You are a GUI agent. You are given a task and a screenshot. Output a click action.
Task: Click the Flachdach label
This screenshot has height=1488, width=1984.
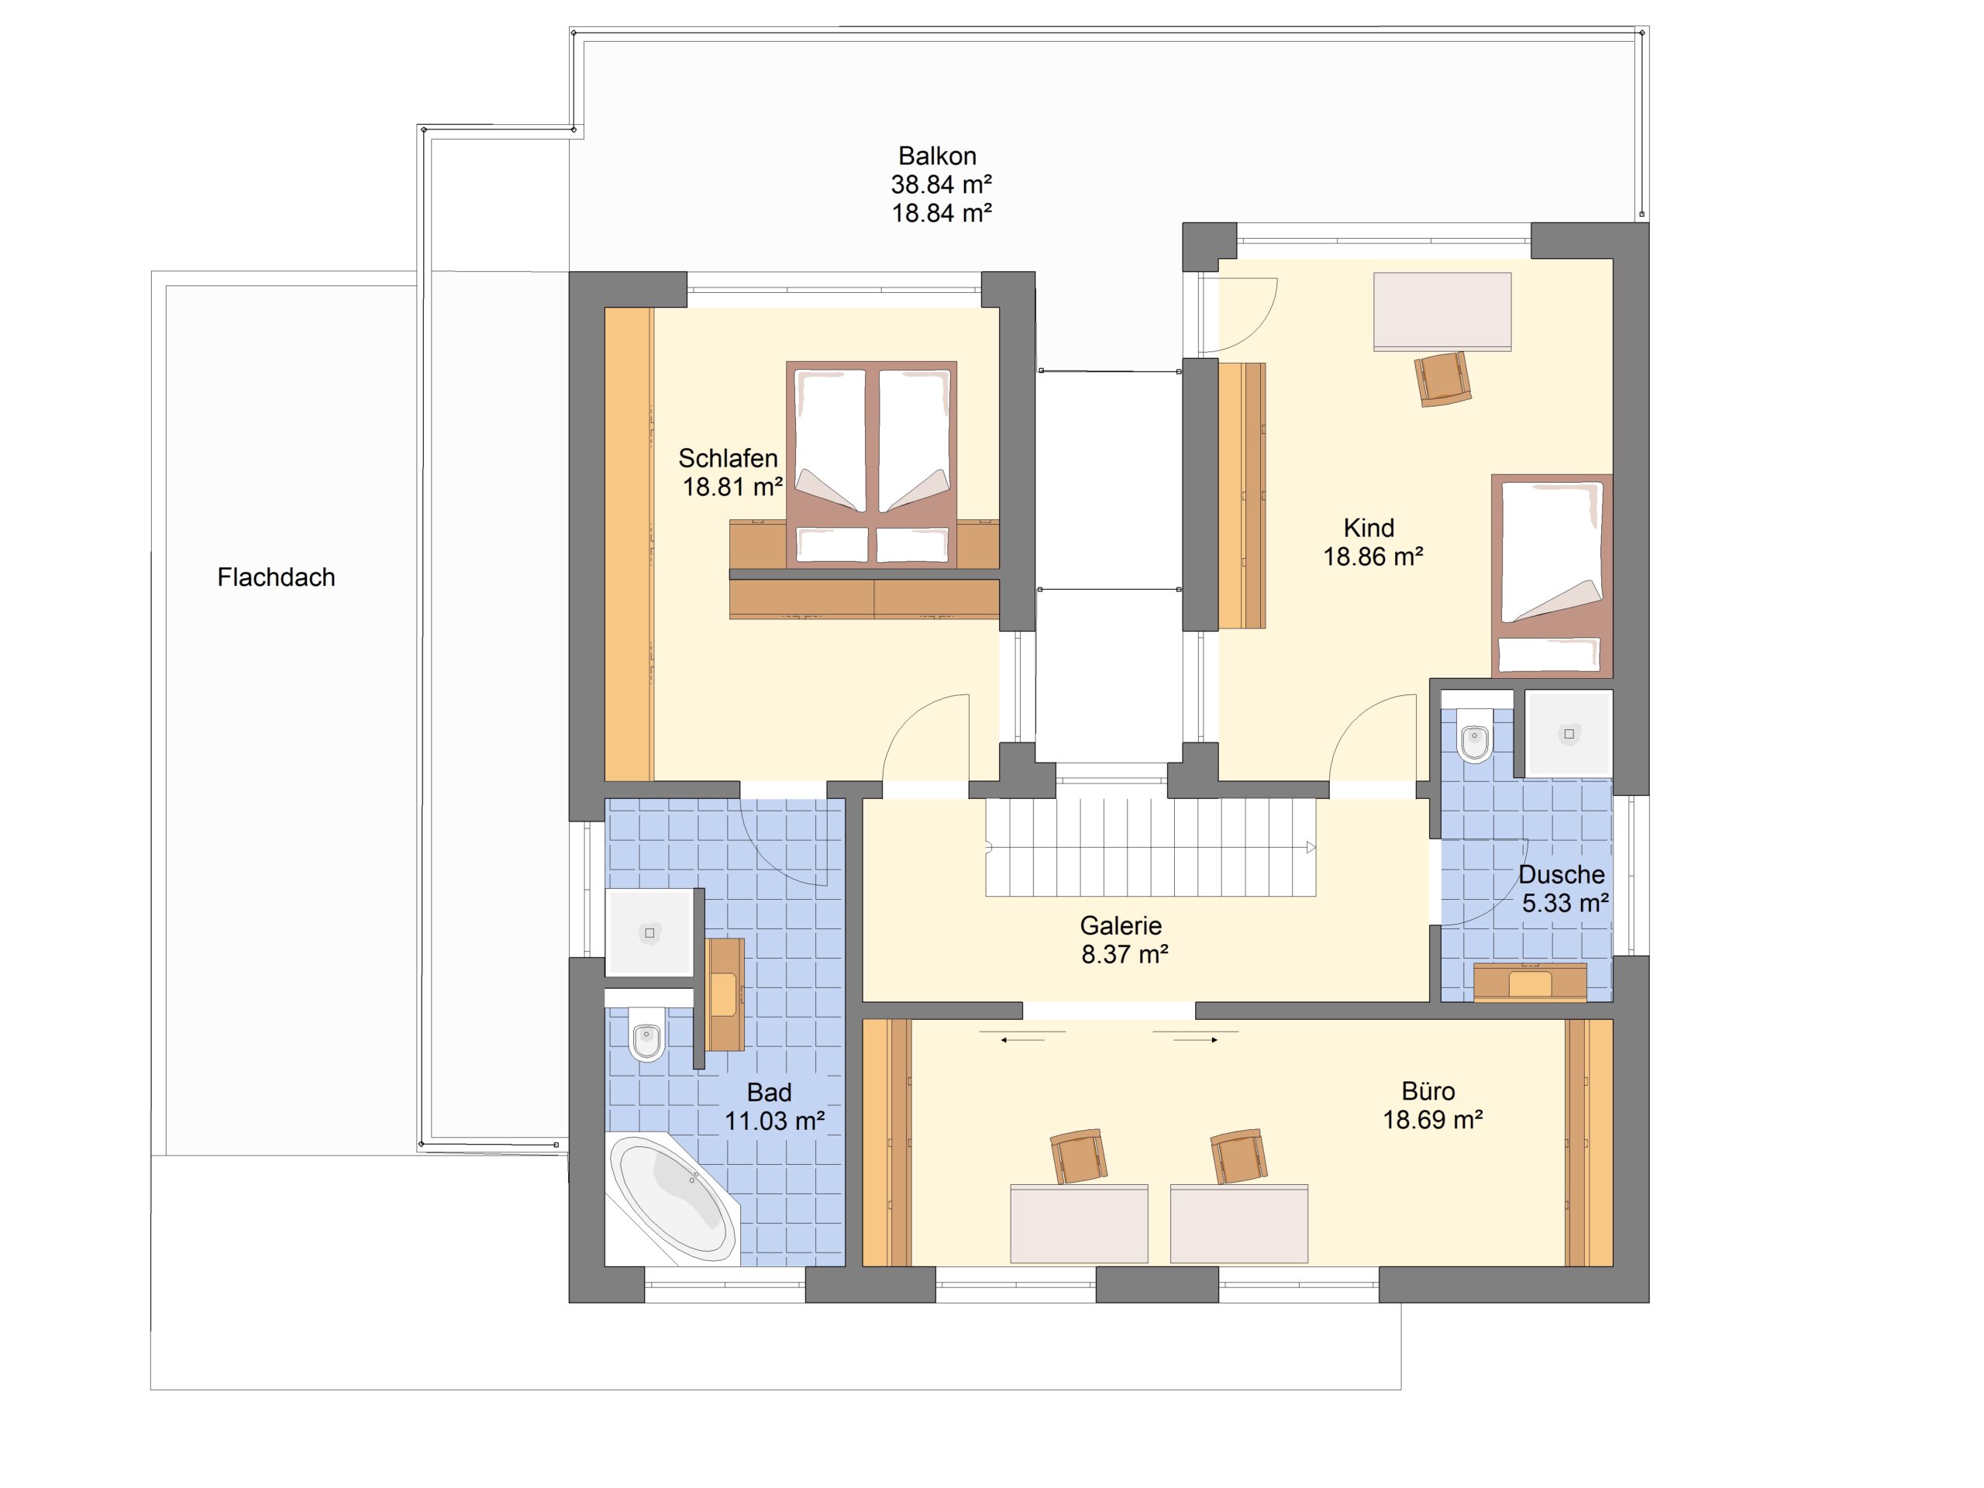tap(276, 577)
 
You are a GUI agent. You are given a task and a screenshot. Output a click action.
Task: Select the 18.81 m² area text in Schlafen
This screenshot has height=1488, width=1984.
tap(733, 487)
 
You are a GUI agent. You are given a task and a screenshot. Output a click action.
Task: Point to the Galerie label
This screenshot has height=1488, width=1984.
tap(1121, 925)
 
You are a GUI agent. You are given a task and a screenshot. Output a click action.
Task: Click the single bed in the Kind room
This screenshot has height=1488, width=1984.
tap(1552, 575)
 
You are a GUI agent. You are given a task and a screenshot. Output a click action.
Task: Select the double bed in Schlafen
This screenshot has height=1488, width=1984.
tap(872, 464)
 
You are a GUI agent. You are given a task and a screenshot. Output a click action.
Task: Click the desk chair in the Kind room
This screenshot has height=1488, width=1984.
tap(1443, 378)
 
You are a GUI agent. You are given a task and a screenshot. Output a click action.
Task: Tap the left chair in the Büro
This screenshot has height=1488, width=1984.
tap(1077, 1156)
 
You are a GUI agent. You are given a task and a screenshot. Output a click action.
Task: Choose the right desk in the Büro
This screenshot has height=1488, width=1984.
tap(1238, 1224)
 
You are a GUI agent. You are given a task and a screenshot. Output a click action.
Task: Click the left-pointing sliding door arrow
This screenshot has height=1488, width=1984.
tap(1022, 1039)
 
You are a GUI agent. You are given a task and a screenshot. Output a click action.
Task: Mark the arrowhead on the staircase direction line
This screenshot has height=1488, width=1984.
tap(1311, 848)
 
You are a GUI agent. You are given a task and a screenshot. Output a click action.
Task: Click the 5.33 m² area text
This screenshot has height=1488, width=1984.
tap(1565, 902)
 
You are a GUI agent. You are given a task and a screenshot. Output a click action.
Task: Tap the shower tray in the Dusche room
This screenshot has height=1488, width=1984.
tap(1569, 734)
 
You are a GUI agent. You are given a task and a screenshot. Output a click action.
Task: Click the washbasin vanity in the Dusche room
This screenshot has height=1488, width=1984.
tap(1530, 982)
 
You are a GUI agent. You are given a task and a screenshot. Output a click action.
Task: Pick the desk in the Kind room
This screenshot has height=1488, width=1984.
tap(1442, 312)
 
